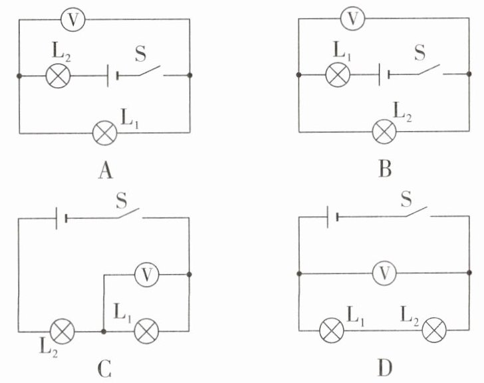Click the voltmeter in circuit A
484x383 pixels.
pyautogui.click(x=73, y=19)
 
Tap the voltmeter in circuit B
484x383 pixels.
pyautogui.click(x=352, y=18)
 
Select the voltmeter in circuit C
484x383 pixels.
pyautogui.click(x=147, y=275)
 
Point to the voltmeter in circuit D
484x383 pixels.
pyautogui.click(x=384, y=273)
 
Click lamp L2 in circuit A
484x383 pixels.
pyautogui.click(x=58, y=76)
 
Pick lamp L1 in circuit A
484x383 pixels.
pyautogui.click(x=105, y=133)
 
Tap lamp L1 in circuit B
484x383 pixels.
pyautogui.click(x=338, y=74)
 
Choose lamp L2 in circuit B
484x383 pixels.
pyautogui.click(x=384, y=132)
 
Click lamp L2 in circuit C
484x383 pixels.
pyautogui.click(x=62, y=331)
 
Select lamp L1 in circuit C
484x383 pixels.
pyautogui.click(x=146, y=331)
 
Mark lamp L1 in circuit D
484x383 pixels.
pyautogui.click(x=332, y=330)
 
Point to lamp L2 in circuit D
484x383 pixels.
pyautogui.click(x=434, y=330)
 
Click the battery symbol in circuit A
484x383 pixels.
pyautogui.click(x=112, y=76)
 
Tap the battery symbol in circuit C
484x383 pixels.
pyautogui.click(x=61, y=219)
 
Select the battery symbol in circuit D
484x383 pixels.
pyautogui.click(x=332, y=217)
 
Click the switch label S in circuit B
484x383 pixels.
pyautogui.click(x=420, y=53)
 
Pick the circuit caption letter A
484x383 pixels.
pyautogui.click(x=106, y=171)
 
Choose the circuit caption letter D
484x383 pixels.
pyautogui.click(x=385, y=368)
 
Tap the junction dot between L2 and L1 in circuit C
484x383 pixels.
pyautogui.click(x=104, y=331)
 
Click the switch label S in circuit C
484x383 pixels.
pyautogui.click(x=121, y=201)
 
